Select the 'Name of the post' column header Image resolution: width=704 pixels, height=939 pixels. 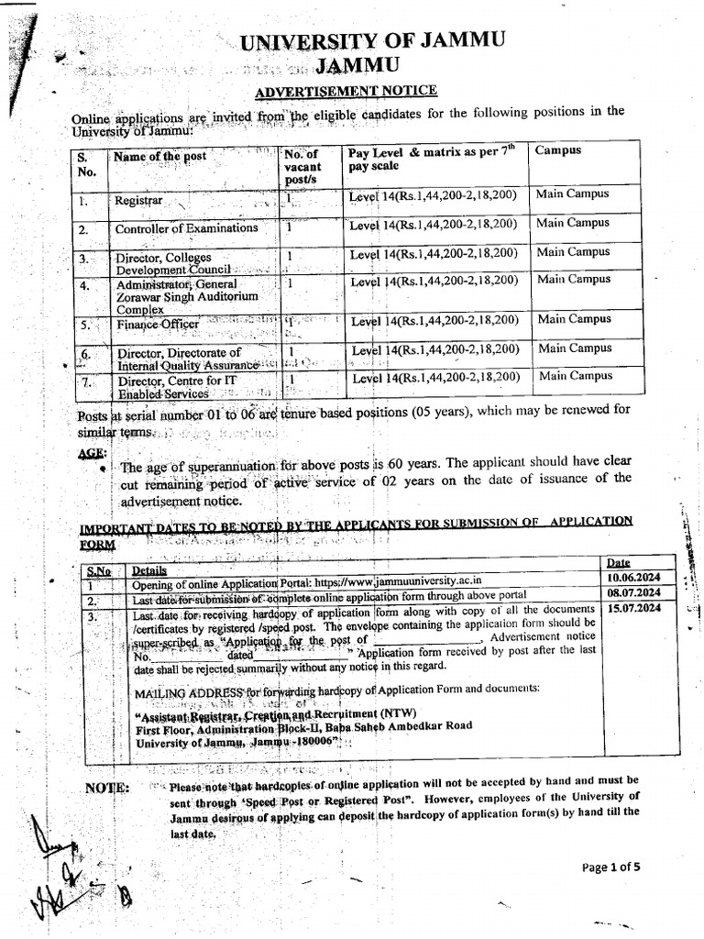[159, 157]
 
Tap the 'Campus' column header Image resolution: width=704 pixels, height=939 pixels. [558, 149]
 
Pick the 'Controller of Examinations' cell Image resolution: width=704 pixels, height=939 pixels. [186, 229]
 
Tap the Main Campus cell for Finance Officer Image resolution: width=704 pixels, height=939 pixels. [575, 319]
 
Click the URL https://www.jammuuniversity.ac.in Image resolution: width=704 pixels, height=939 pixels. [398, 580]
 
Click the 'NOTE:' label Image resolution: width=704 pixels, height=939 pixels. [108, 788]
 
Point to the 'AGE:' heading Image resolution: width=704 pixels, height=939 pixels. [92, 454]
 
